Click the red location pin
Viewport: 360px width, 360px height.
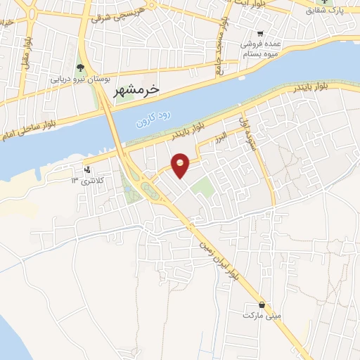click(x=181, y=164)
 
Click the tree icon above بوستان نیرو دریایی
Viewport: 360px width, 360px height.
click(x=79, y=68)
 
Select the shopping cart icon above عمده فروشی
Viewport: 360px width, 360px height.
click(x=260, y=33)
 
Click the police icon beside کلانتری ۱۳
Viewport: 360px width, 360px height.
click(x=87, y=169)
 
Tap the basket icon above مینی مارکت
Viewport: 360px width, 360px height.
click(x=262, y=305)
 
